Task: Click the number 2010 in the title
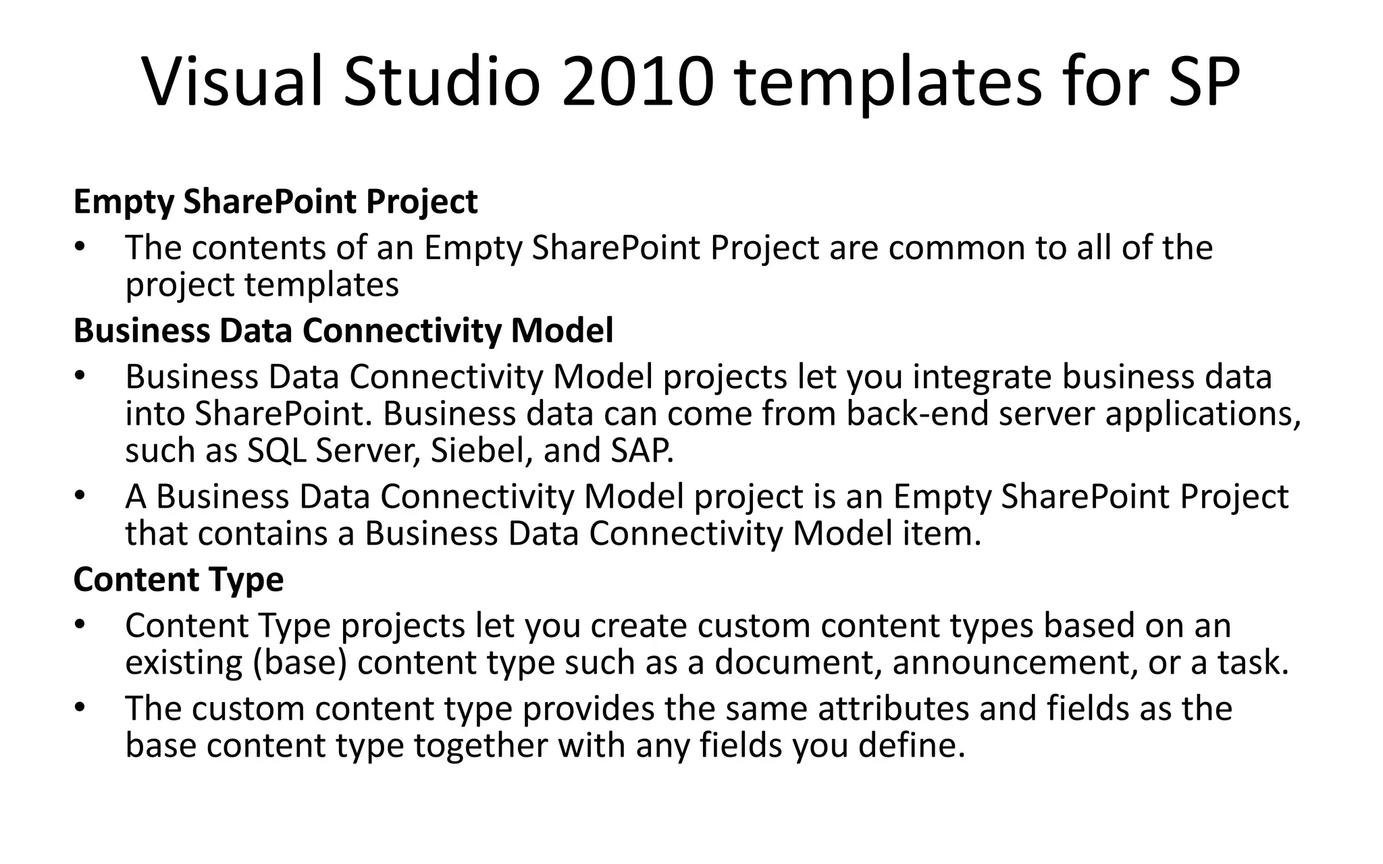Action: pos(637,82)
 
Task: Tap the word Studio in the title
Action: pos(442,82)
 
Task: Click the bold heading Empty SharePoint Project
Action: pos(276,202)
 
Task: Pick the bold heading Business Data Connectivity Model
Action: pos(343,331)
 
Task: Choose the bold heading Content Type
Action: pos(178,580)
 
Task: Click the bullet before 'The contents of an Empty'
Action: pos(80,247)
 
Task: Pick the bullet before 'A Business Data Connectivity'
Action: pos(80,496)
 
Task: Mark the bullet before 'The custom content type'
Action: pos(80,708)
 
